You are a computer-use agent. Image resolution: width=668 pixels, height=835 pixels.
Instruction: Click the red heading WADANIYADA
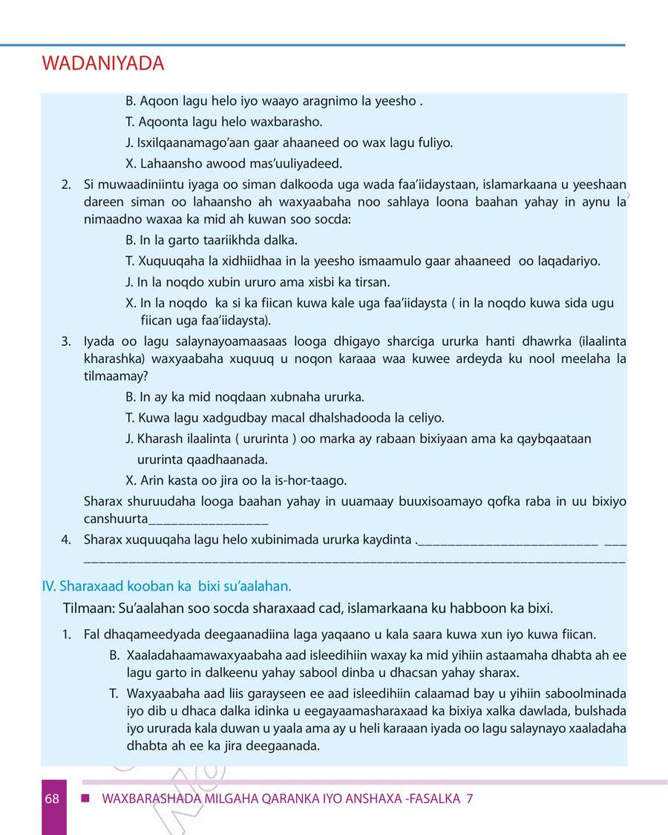click(103, 65)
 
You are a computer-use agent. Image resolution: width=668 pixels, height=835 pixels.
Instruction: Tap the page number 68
click(52, 799)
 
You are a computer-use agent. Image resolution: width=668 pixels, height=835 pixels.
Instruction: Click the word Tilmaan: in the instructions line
click(88, 609)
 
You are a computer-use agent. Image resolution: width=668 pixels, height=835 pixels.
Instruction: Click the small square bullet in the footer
click(86, 799)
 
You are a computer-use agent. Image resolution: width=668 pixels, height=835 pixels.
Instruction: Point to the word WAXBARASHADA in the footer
click(149, 799)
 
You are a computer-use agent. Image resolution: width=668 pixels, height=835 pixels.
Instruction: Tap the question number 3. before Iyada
click(67, 341)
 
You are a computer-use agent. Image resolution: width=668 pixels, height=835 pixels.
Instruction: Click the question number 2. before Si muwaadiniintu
click(67, 184)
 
